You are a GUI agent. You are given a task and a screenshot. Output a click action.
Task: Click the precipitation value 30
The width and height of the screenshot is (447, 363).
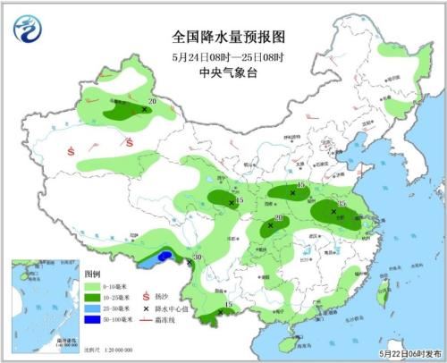pyautogui.click(x=198, y=258)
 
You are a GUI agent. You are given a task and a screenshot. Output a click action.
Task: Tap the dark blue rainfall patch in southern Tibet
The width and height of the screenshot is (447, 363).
pyautogui.click(x=164, y=257)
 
